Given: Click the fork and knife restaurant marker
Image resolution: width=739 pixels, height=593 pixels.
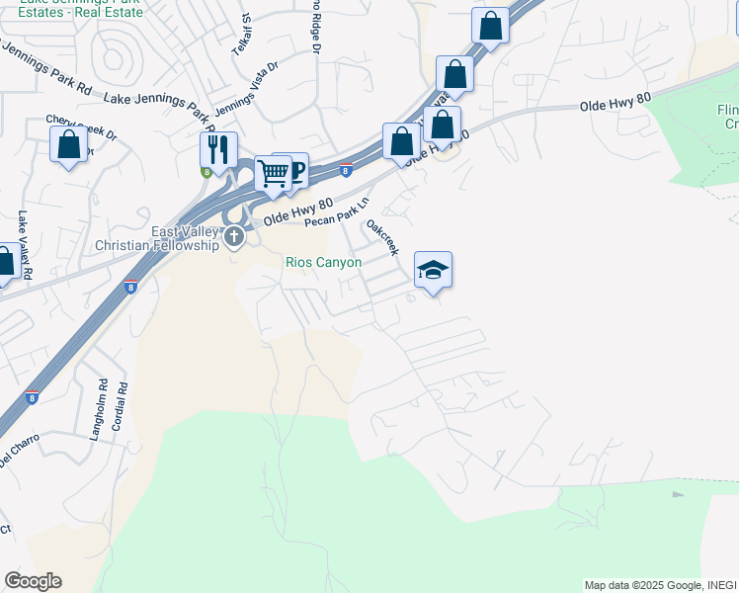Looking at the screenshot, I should click(x=218, y=150).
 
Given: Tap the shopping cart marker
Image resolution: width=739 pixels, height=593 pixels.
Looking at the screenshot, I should click(x=273, y=173).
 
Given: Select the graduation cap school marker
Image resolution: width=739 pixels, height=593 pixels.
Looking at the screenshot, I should click(x=433, y=270).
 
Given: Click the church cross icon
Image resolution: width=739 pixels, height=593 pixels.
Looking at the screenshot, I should click(x=234, y=236).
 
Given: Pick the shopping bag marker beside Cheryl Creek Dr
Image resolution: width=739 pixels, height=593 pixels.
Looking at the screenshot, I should click(x=69, y=144).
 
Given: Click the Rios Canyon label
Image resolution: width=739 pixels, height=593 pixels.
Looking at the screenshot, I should click(x=323, y=263).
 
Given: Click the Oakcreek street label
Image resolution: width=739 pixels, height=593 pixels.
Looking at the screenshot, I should click(x=382, y=238).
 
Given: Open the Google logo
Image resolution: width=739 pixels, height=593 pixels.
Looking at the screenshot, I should click(x=33, y=581).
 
